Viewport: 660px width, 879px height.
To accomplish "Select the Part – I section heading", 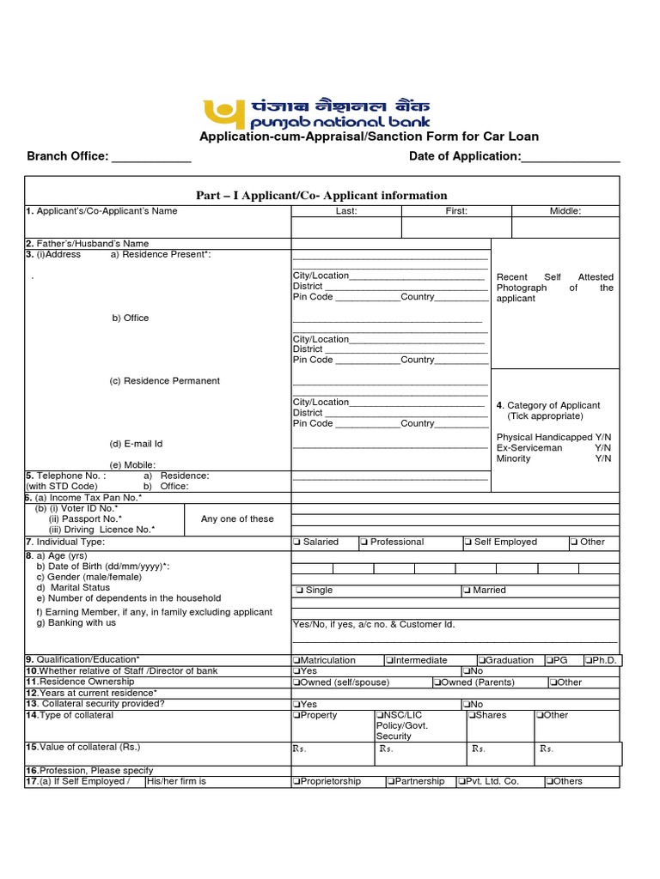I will click(321, 196).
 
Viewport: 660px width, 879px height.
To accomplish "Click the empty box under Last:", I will click(346, 227).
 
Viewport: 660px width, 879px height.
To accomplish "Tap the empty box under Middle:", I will click(565, 227).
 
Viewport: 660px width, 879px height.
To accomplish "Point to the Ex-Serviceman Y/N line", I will click(553, 448).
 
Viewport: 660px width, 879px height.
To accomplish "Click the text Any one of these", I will click(237, 518).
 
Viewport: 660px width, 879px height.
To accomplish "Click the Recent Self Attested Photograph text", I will click(554, 288).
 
